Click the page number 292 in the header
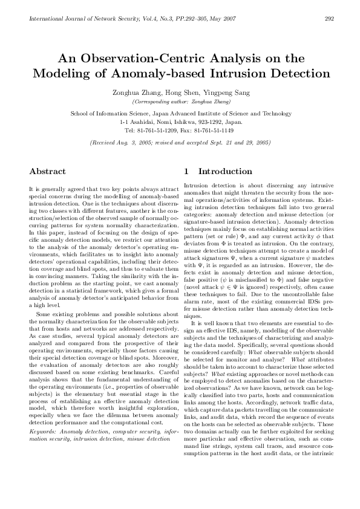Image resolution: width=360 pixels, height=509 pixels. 330,19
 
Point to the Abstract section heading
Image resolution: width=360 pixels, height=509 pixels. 48,171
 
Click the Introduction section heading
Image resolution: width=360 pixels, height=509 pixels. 225,171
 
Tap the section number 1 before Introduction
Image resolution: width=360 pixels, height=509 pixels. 186,171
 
